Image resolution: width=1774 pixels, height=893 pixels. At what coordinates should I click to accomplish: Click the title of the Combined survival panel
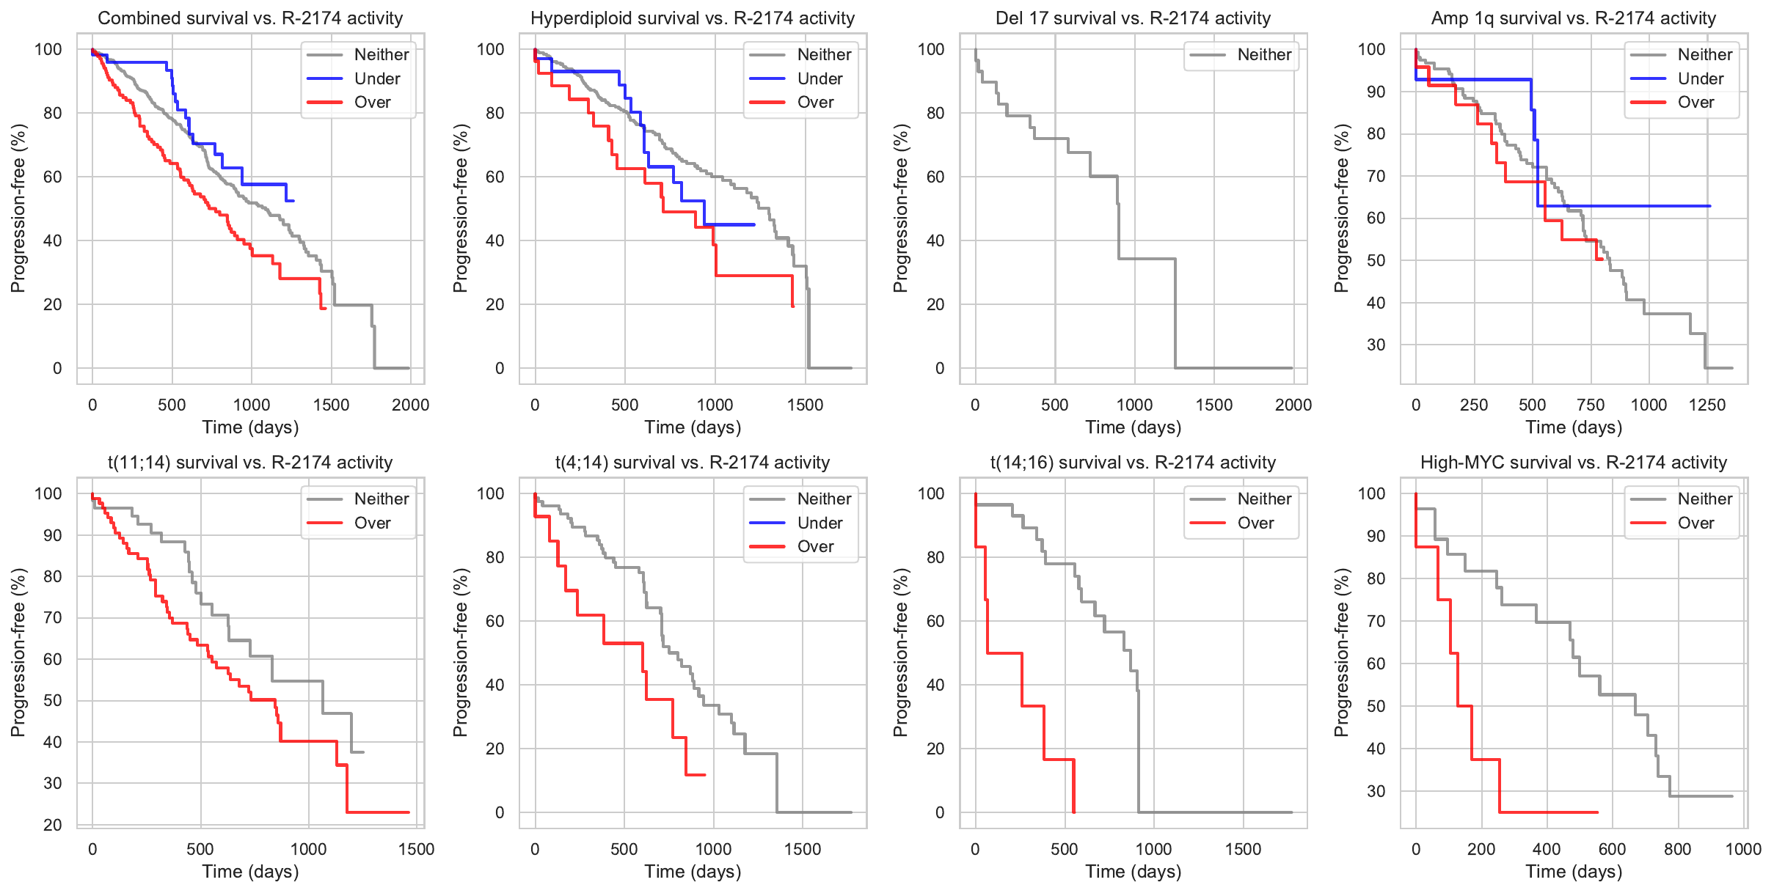pos(250,18)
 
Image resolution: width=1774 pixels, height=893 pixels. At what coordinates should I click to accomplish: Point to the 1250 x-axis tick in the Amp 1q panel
pos(1707,405)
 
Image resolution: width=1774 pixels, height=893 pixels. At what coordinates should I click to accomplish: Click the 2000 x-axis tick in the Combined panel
pos(410,405)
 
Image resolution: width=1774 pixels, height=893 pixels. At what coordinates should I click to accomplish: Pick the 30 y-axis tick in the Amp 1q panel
pos(1376,345)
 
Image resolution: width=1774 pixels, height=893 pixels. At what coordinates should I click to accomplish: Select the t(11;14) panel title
pos(250,463)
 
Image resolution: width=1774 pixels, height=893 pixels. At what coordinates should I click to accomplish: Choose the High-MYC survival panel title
pos(1573,463)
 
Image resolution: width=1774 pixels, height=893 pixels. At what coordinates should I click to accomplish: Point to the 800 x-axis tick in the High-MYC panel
pos(1677,849)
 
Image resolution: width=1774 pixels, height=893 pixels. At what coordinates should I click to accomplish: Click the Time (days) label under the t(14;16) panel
pos(1133,872)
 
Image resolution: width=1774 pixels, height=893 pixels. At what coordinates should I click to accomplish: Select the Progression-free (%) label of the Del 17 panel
pos(900,208)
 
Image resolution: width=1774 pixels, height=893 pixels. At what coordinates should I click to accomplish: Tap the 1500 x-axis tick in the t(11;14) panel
pos(416,849)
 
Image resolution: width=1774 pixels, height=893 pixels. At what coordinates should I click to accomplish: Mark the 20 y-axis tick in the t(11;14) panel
pos(53,825)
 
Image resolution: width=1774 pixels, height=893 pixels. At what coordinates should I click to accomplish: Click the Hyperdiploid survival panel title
pos(693,18)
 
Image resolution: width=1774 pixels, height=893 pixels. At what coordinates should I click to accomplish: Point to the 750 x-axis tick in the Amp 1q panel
pos(1590,405)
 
